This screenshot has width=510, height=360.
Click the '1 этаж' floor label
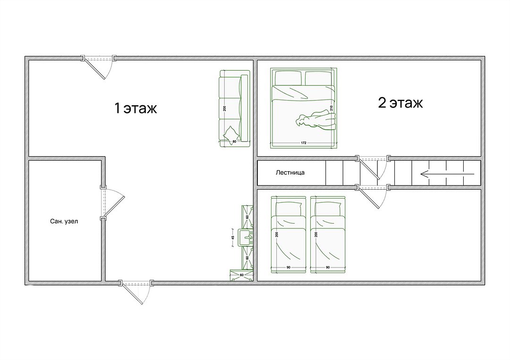point(136,108)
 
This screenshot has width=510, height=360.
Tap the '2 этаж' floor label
point(400,103)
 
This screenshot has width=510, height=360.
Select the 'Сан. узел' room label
point(64,221)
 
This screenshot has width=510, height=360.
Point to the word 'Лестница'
point(290,173)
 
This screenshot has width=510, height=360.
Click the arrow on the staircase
point(447,174)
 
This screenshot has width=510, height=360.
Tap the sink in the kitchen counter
point(246,237)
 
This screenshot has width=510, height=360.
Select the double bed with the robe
point(304,108)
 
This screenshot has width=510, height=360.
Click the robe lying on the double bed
point(315,120)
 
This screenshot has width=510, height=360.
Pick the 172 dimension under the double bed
point(304,142)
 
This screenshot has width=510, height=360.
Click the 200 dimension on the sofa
point(224,109)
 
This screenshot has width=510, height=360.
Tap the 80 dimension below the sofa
point(234,142)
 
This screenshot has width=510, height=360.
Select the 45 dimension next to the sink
point(233,237)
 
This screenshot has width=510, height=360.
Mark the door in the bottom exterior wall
point(135,292)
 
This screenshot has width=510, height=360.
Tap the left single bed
point(289,234)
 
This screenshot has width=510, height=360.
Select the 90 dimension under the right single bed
point(328,267)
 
